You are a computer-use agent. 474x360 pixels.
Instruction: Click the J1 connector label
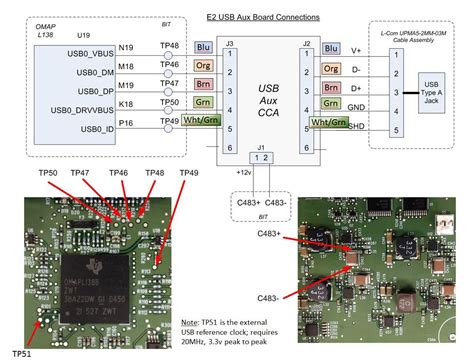click(261, 149)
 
